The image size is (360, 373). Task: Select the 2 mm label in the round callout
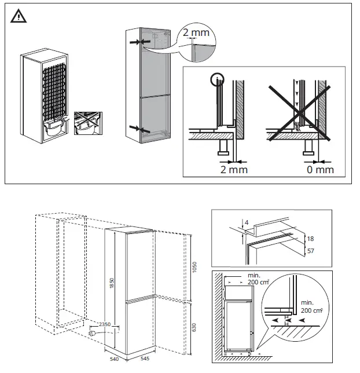[x=196, y=33]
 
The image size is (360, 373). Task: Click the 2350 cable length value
[x=104, y=325]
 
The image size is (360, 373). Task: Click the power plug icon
[x=93, y=334]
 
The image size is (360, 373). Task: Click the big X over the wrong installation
[x=299, y=112]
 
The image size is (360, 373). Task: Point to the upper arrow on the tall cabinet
[x=137, y=42]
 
